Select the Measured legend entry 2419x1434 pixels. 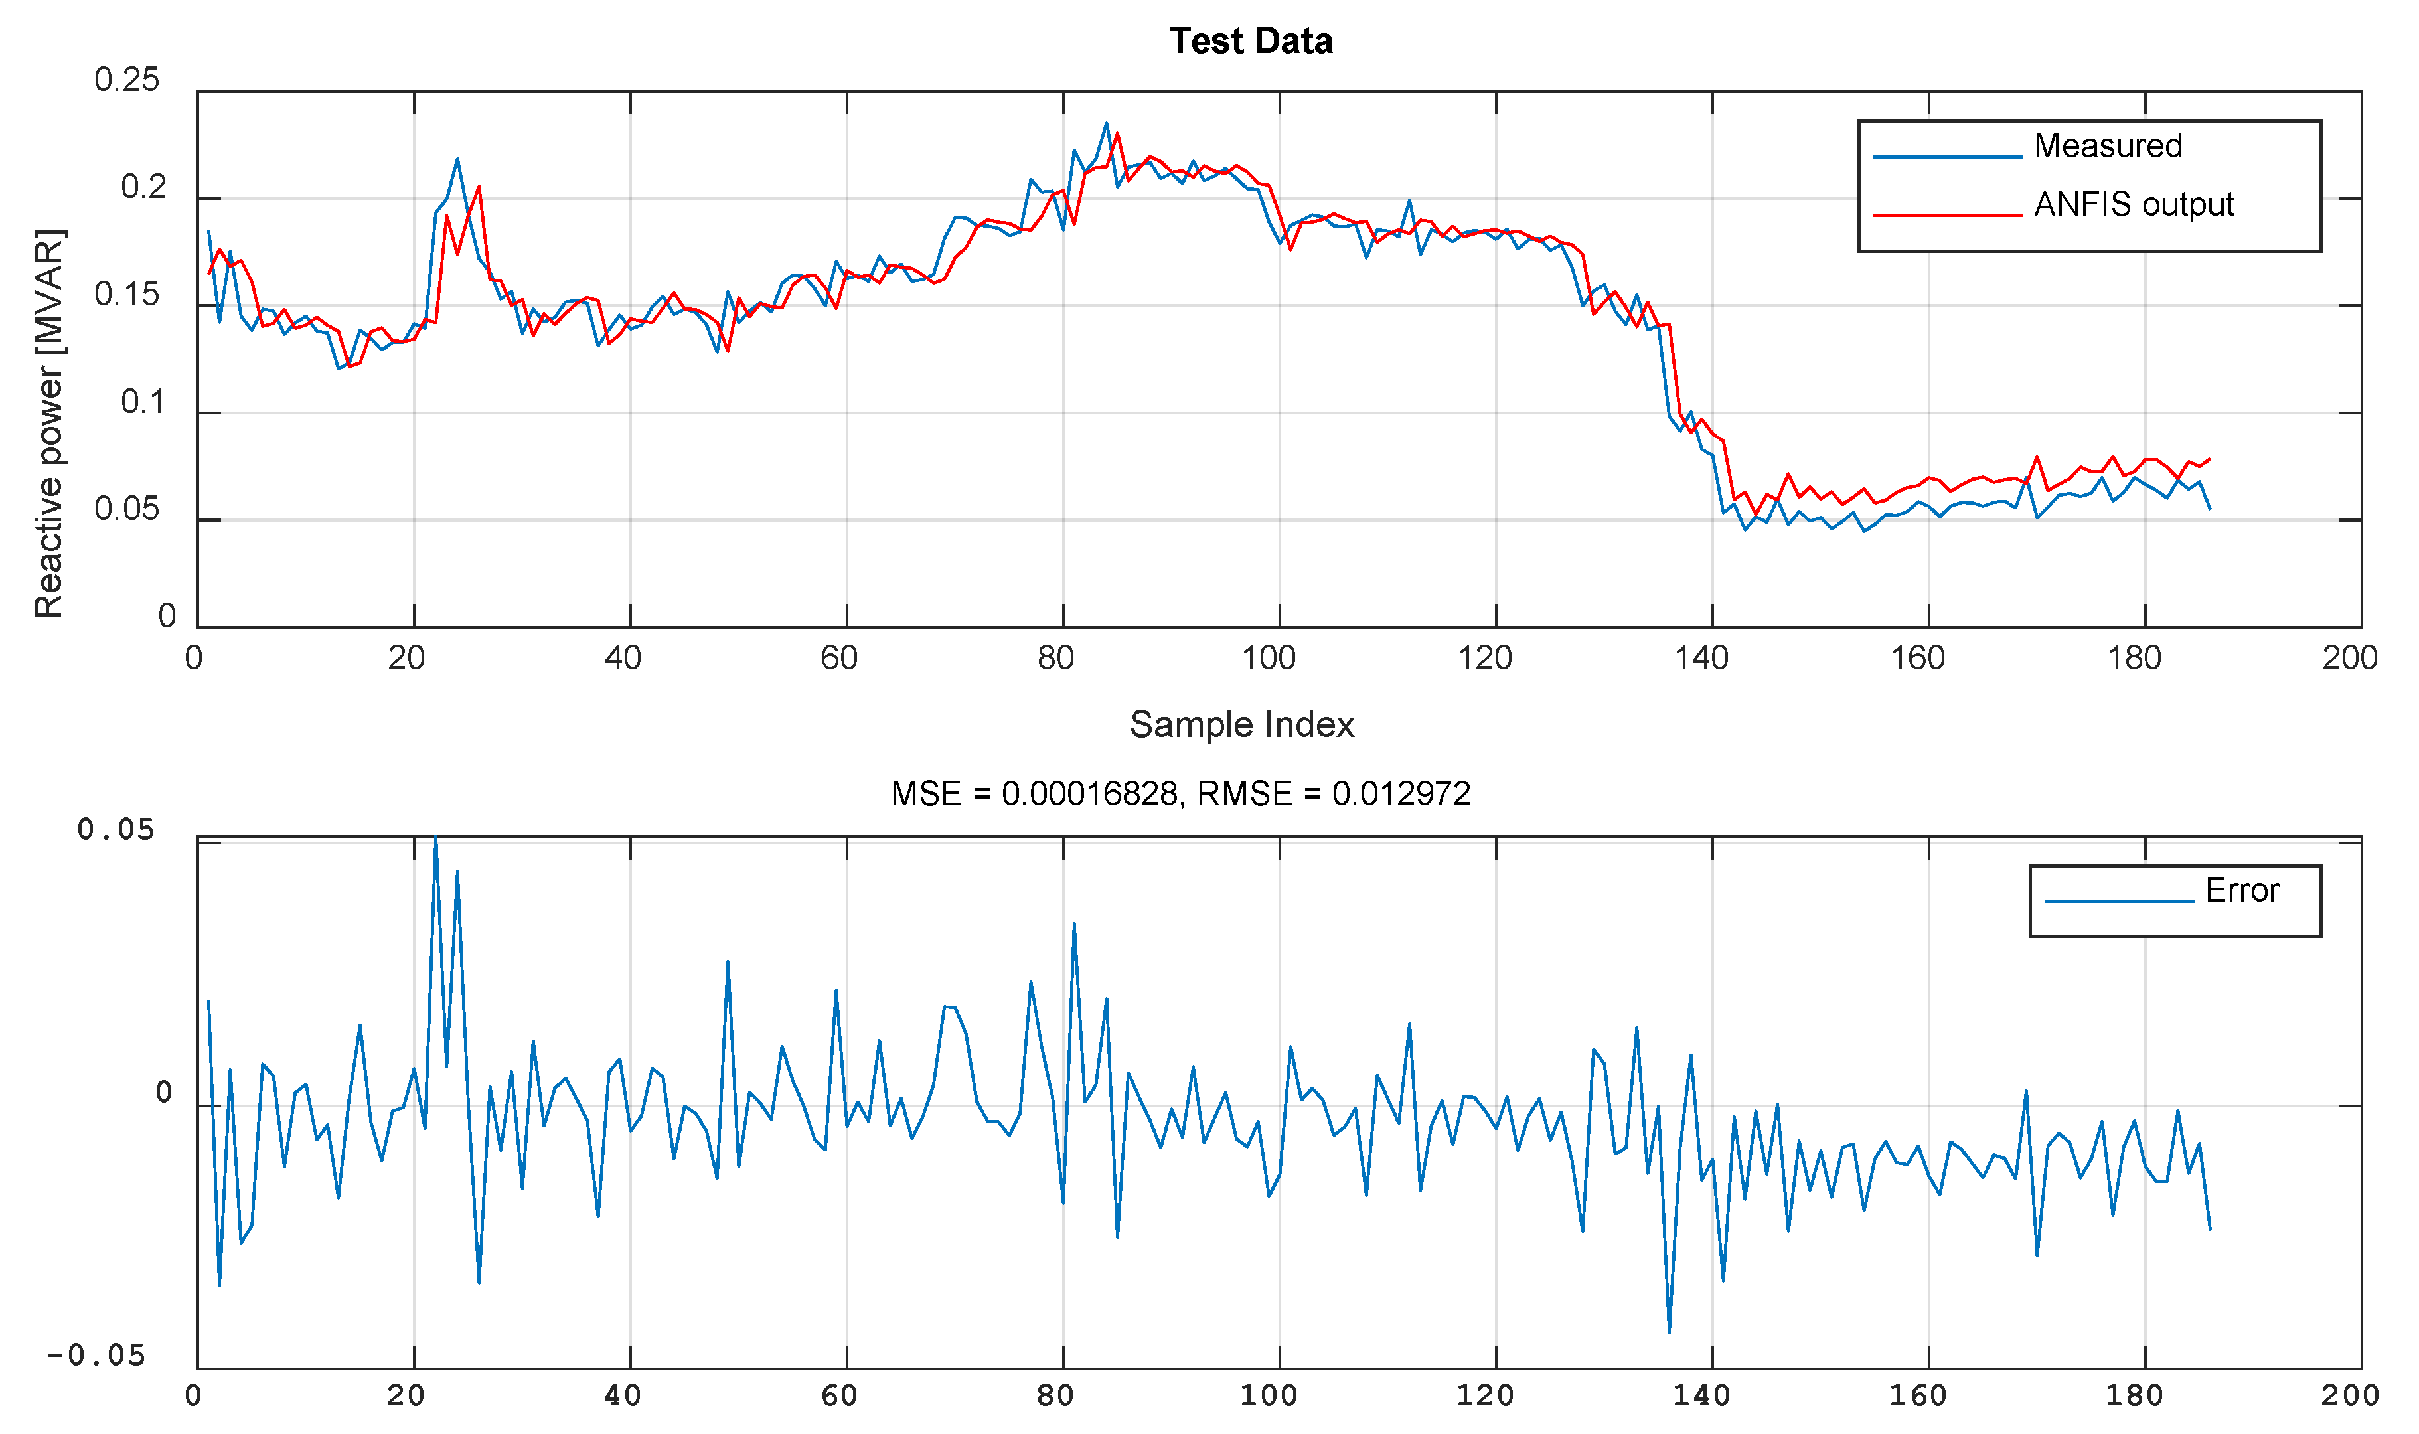[2108, 146]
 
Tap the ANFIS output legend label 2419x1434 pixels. [2133, 205]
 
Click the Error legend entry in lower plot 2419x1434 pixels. [2241, 890]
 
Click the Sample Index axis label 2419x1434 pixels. [1241, 725]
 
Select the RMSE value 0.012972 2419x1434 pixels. [1401, 794]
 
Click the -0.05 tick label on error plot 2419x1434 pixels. [96, 1356]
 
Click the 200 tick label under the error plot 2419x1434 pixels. [2349, 1395]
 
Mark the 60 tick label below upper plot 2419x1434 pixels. [838, 658]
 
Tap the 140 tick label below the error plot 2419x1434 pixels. [1701, 1395]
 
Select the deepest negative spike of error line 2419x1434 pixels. [1668, 1332]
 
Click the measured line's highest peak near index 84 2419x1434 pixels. [1106, 123]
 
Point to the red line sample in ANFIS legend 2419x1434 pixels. [1948, 214]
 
